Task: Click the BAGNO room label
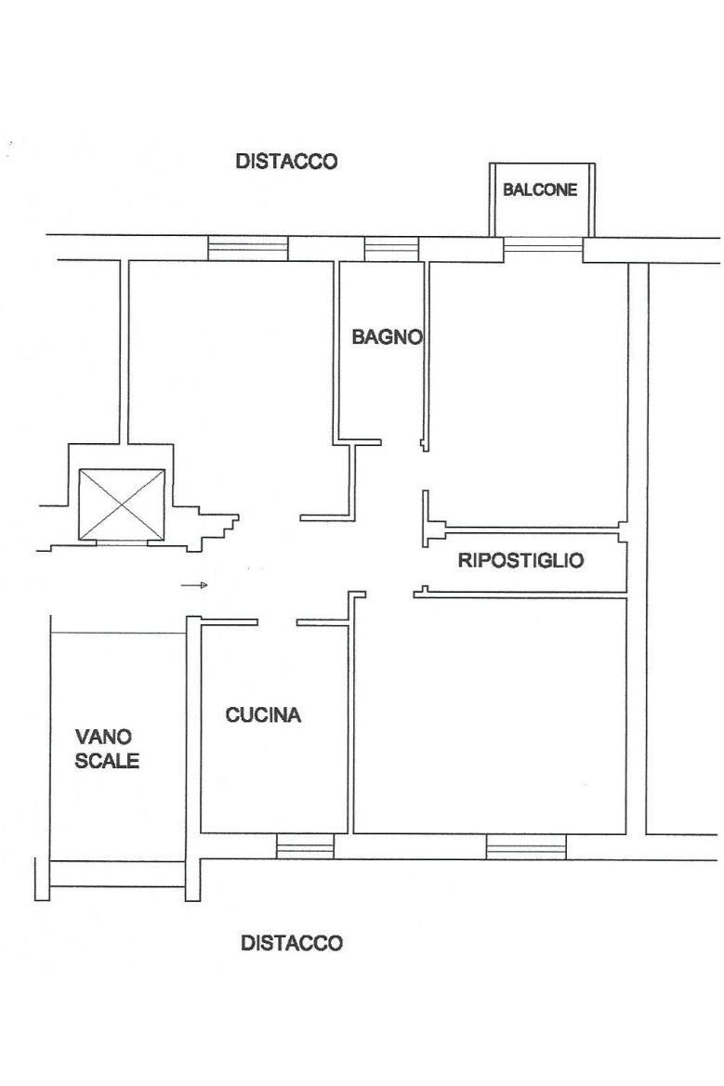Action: coord(387,337)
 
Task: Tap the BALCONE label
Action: coord(540,190)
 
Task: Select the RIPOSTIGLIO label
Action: coord(521,560)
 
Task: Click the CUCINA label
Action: coord(263,714)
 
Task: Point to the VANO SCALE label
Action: coord(107,749)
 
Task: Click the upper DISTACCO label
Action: coord(286,162)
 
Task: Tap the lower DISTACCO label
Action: coord(292,943)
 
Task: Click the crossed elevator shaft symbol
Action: coord(122,504)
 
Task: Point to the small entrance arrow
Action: coord(194,586)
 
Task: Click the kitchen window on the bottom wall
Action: coord(305,846)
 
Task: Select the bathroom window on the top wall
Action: coord(391,249)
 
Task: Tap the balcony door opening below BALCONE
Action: coord(543,243)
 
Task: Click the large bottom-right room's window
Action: coord(526,846)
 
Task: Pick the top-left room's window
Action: coord(248,249)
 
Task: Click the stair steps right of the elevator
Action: coord(215,530)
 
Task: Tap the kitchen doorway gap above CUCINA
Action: coord(277,622)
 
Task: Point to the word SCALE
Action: coord(107,761)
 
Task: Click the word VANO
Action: coord(103,737)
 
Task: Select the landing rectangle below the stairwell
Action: coord(118,874)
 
